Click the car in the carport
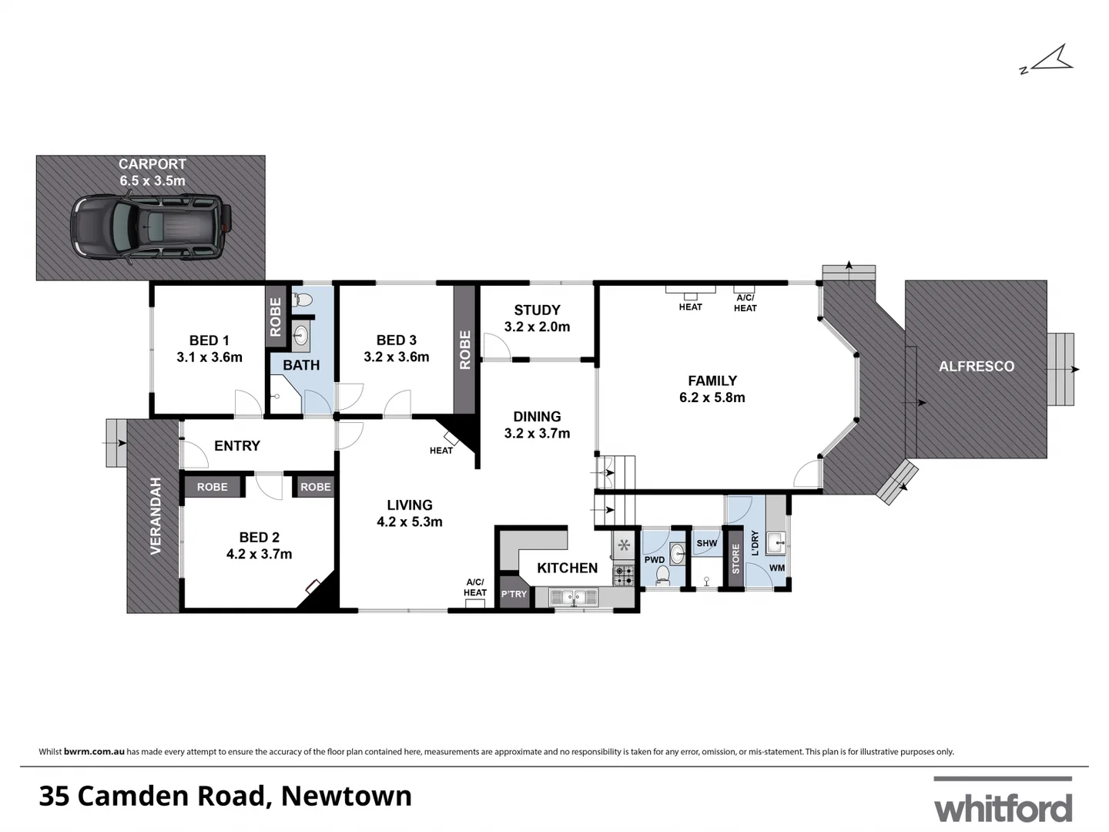151,225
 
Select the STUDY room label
537,310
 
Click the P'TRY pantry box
514,594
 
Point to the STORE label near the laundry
735,559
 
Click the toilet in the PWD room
662,575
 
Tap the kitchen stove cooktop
623,574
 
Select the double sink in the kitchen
573,596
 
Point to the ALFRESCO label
976,367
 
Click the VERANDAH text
156,515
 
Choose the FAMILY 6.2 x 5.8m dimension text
712,398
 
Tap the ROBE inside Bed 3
464,350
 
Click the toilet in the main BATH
303,299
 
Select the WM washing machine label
777,569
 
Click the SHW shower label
706,543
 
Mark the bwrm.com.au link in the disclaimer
94,751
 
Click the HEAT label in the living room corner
441,451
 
